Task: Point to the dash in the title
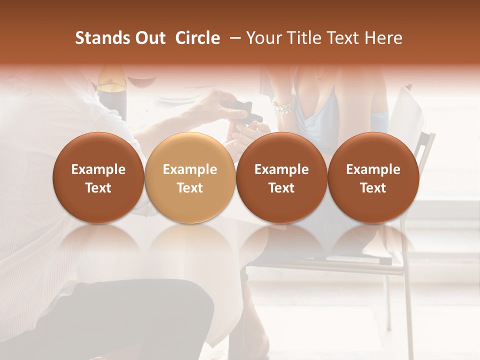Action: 233,38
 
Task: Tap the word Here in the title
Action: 384,38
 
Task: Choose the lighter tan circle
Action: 190,177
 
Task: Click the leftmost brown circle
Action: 98,177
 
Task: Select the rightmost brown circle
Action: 373,177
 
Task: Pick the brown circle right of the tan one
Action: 281,177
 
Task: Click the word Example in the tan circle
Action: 190,169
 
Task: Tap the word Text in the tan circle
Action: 190,188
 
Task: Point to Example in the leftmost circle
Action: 98,169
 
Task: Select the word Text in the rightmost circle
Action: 373,188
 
